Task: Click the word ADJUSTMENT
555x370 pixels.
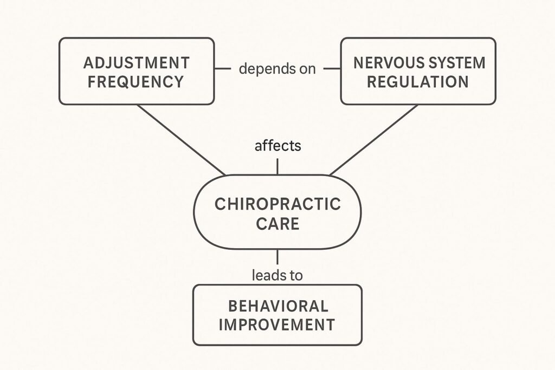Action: [137, 63]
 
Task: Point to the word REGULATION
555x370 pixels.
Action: [418, 82]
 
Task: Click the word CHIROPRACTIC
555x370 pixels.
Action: [277, 204]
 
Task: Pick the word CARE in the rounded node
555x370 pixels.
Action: [277, 224]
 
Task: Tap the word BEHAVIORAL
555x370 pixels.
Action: [277, 306]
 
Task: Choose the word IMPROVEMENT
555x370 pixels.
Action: [277, 325]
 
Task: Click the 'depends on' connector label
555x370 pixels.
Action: [277, 69]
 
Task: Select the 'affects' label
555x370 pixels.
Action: [277, 146]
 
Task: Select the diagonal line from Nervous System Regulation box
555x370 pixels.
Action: [374, 140]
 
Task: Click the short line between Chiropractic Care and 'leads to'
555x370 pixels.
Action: [277, 257]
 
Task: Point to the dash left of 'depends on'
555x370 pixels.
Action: [222, 69]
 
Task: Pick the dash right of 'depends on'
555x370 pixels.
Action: [332, 69]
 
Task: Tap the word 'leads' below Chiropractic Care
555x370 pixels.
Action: [267, 275]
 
